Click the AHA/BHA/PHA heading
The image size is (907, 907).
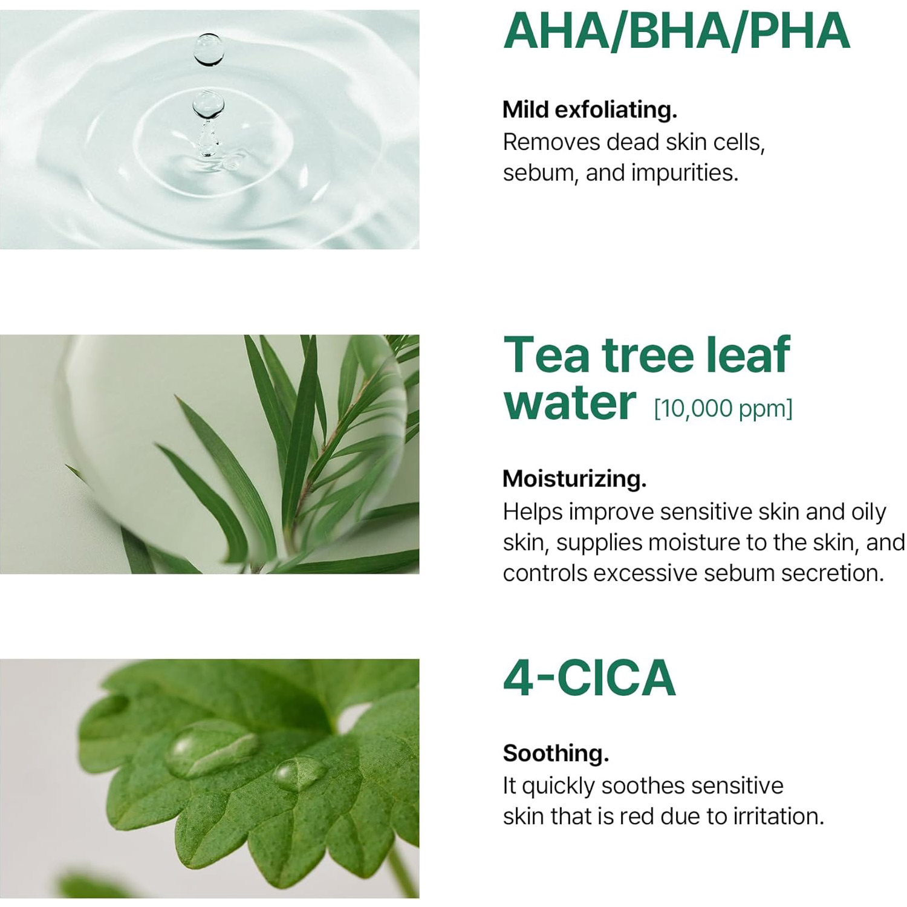[677, 31]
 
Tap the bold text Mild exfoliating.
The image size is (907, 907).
[590, 110]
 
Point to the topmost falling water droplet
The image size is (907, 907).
[209, 49]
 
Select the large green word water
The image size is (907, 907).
[570, 403]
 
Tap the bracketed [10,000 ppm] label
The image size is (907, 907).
[723, 409]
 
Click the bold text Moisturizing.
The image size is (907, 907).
[574, 479]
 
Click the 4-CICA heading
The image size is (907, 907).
[589, 678]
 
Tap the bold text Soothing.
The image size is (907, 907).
[556, 753]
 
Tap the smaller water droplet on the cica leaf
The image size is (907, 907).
[299, 773]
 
